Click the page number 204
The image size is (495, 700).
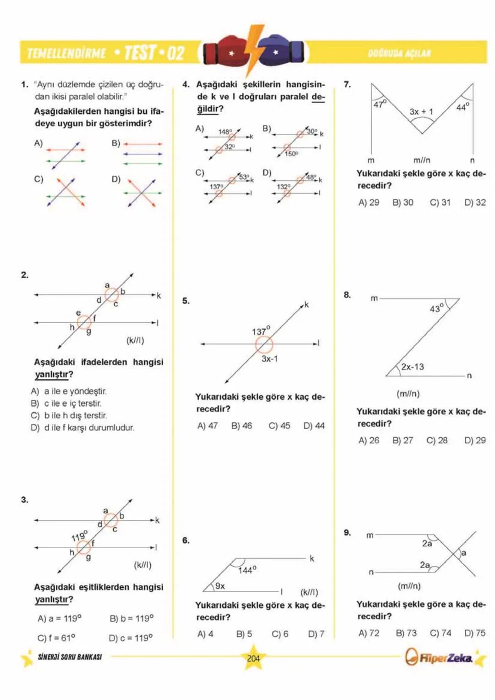pos(253,658)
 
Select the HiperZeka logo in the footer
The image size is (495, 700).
pos(440,657)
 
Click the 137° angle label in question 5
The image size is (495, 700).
pos(261,331)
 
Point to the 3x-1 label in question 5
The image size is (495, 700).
pos(269,359)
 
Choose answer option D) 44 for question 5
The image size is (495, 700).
pos(314,426)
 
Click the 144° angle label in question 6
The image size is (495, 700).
pos(247,570)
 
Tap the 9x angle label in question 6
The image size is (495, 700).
pos(220,586)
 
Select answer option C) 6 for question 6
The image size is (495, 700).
pos(280,634)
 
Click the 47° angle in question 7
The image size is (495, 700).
pos(380,104)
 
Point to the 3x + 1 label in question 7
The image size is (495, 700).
pos(421,111)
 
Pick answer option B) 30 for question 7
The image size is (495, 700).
pos(403,203)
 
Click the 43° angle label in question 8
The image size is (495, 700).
pos(437,308)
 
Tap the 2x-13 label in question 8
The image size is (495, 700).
pos(412,367)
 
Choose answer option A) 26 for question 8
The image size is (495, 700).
pos(369,441)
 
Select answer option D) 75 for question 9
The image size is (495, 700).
pos(475,633)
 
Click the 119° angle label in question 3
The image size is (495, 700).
pos(79,535)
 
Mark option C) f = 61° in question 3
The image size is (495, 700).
pos(56,638)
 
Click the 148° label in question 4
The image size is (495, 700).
pos(225,132)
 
